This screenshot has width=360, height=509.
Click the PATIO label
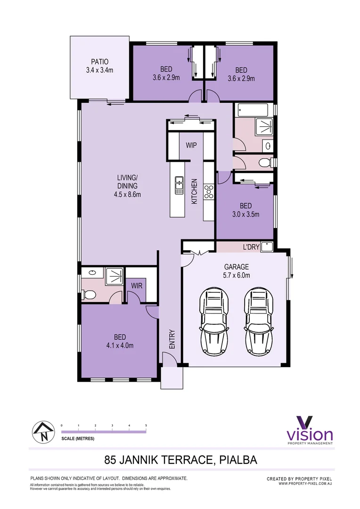point(100,62)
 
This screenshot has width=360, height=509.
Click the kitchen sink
point(179,185)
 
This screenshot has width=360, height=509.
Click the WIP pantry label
point(191,145)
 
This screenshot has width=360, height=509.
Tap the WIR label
point(137,285)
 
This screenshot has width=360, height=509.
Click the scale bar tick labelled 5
point(146,426)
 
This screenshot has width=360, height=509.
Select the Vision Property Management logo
point(310,430)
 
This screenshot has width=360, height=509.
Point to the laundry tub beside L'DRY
point(267,246)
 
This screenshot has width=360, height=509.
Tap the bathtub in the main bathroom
point(253,110)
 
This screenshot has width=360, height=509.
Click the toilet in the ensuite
point(89,295)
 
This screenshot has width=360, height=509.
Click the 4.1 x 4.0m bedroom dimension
point(119,345)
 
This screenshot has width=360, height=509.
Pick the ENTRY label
point(172,339)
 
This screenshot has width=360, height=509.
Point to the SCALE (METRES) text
point(78,439)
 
